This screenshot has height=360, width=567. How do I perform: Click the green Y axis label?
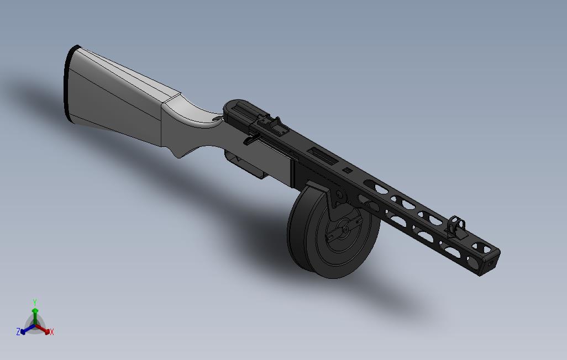pyautogui.click(x=34, y=302)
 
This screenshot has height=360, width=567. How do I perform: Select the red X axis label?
pyautogui.click(x=51, y=332)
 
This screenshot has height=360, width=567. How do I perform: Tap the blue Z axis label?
pyautogui.click(x=18, y=332)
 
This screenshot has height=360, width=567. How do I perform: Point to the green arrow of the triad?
pyautogui.click(x=35, y=315)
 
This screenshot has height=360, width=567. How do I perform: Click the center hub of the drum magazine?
pyautogui.click(x=345, y=227)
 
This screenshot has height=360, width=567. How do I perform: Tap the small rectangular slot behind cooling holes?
pyautogui.click(x=347, y=170)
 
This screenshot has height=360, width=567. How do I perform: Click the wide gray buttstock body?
pyautogui.click(x=116, y=97)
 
